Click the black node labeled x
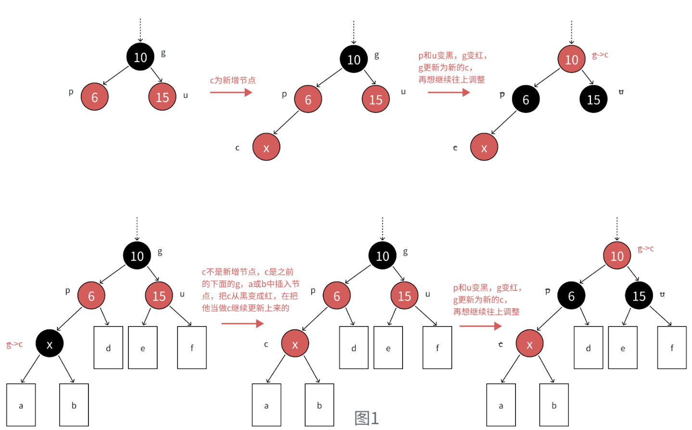(49, 343)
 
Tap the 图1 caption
(366, 417)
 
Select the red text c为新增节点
(233, 80)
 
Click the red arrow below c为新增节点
(231, 92)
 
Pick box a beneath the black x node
(21, 405)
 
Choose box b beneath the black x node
(74, 405)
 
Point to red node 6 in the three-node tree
(94, 97)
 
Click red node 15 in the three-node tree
(162, 97)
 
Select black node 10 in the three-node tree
(140, 57)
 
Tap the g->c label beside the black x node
(14, 344)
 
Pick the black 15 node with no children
(593, 99)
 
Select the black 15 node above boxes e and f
(639, 295)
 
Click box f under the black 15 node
(672, 348)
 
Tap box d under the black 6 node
(588, 348)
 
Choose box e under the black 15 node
(622, 348)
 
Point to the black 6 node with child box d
(571, 295)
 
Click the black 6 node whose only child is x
(526, 99)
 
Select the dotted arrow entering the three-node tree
(140, 30)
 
